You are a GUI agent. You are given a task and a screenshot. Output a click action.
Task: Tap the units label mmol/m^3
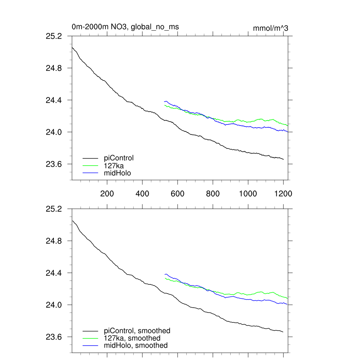coord(270,28)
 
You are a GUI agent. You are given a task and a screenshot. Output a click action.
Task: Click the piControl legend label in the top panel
coord(119,158)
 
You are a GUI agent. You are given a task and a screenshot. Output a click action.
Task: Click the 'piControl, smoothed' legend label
coord(137,330)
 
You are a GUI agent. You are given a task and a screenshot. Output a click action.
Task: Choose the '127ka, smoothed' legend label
coord(132,338)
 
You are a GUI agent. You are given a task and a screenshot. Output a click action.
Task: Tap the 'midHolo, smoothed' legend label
coord(136,345)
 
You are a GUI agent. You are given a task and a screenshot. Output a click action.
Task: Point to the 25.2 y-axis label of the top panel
coord(54,36)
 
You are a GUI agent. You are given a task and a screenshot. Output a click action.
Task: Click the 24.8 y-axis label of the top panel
coord(54,68)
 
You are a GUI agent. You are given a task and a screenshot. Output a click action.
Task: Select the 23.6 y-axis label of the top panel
coord(54,164)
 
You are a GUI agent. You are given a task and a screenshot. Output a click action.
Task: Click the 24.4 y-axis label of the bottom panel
coord(54,273)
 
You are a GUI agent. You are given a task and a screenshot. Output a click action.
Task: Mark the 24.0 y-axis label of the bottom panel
coord(54,305)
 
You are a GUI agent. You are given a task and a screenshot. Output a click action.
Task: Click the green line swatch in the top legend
coord(90,166)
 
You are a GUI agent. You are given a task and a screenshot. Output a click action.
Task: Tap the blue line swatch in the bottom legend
coord(90,346)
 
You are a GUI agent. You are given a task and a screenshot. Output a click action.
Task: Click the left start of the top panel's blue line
coord(164,102)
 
